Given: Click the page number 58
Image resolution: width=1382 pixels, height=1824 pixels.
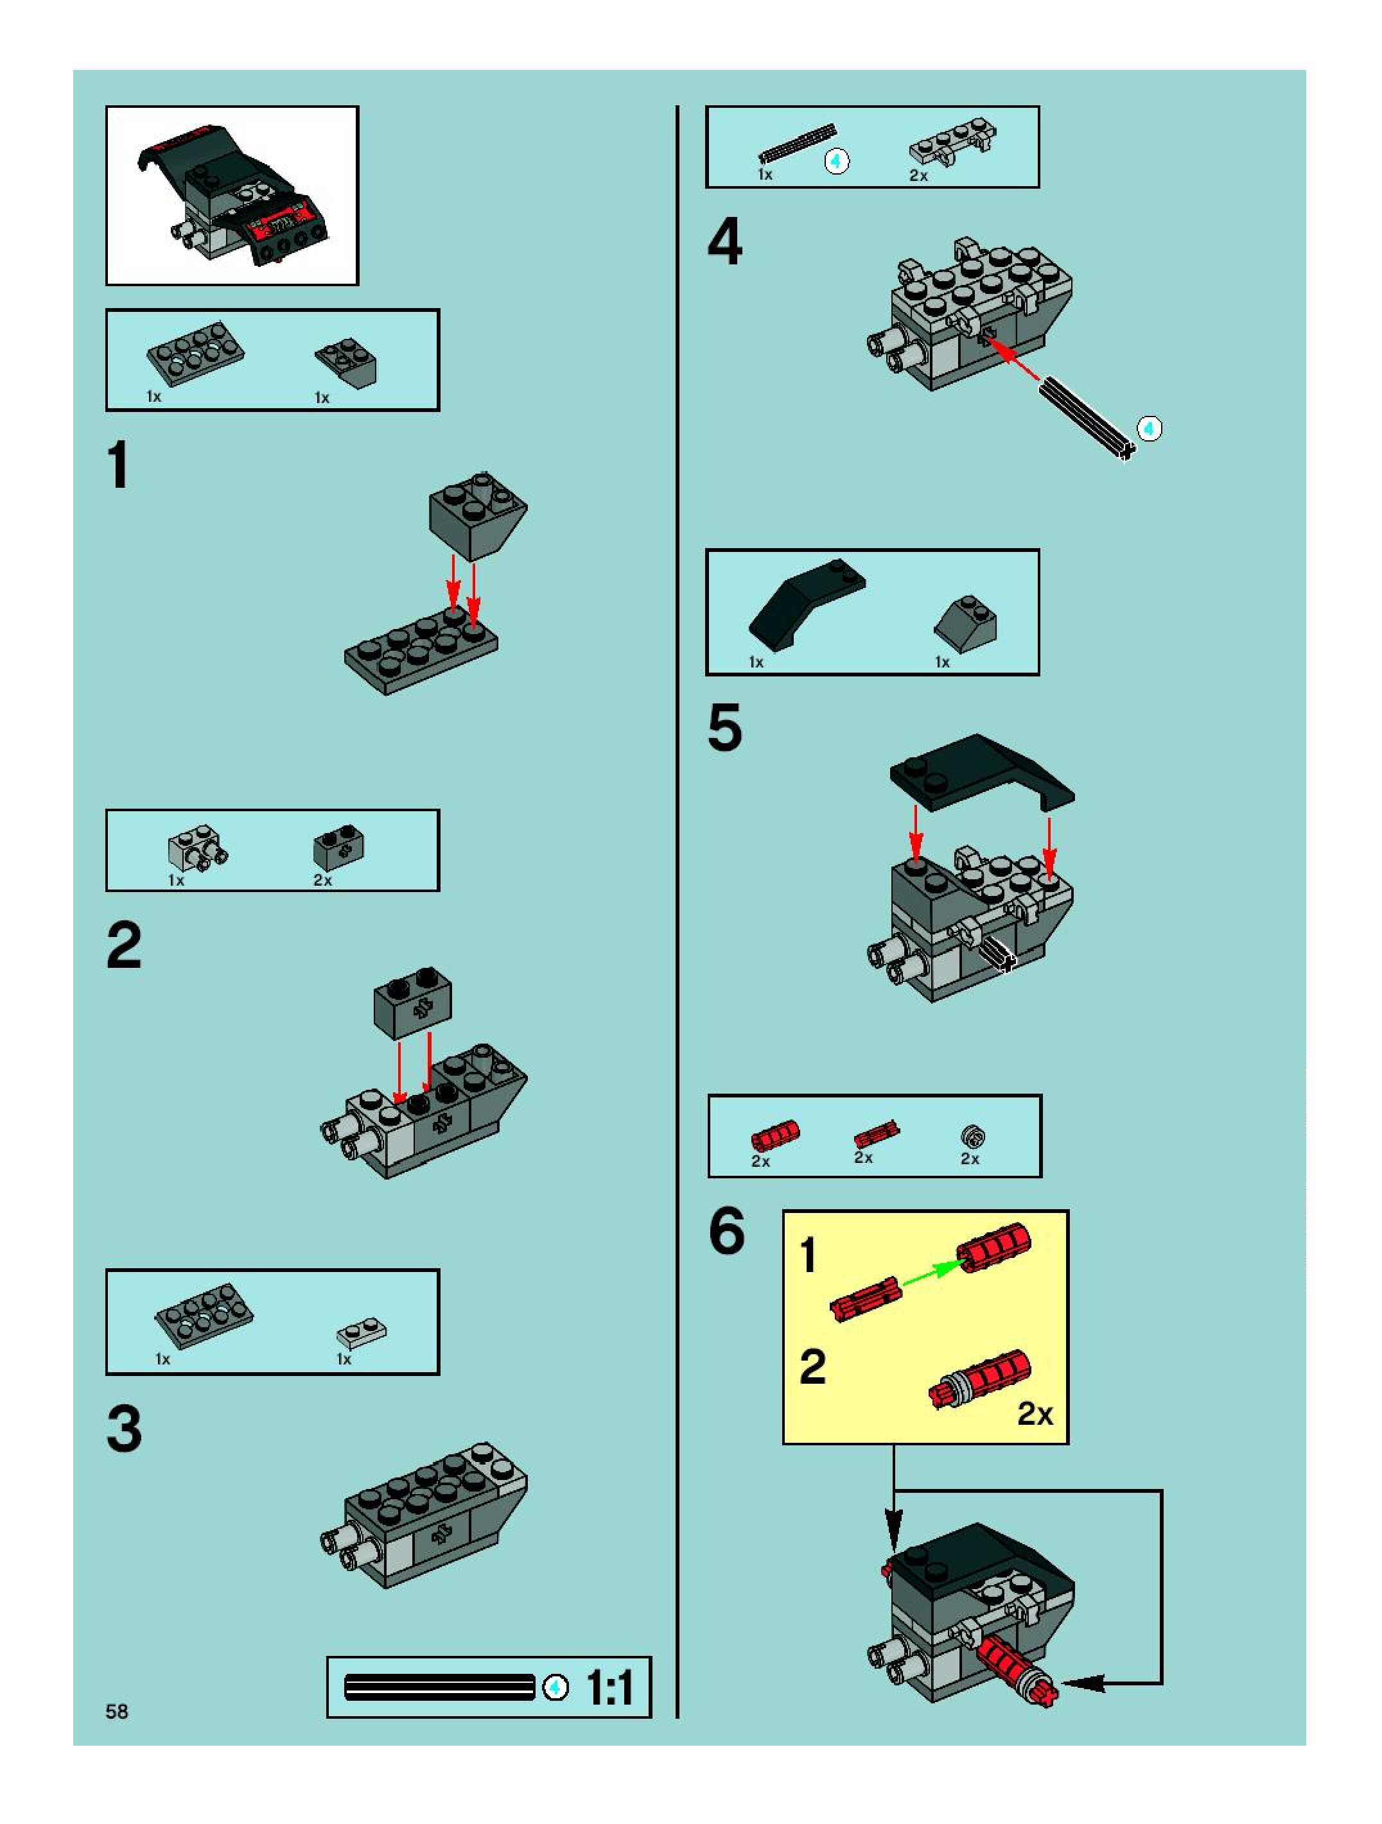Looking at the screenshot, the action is (116, 1711).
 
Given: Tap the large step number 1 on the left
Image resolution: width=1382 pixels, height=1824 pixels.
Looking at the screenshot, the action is (119, 465).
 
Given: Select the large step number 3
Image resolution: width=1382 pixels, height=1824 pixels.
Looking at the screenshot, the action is (124, 1429).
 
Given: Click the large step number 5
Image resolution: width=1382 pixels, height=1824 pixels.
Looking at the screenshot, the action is (724, 728).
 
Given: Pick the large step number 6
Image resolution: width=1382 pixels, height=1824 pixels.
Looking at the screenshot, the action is (726, 1232).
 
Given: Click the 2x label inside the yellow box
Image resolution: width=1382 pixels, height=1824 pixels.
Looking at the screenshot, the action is (1035, 1413).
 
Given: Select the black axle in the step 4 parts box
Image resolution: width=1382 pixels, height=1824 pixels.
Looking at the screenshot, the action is (797, 142).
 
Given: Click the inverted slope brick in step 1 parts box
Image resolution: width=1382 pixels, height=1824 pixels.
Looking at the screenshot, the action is (347, 360).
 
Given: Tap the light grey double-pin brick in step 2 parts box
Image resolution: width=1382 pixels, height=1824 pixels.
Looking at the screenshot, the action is (197, 847).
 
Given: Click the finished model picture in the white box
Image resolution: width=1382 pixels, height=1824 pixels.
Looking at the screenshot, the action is (232, 195).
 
